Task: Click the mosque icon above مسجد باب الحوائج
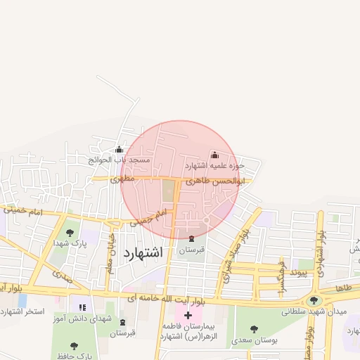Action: click(x=119, y=149)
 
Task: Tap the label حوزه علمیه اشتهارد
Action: click(x=214, y=166)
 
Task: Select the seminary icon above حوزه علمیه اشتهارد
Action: click(x=214, y=155)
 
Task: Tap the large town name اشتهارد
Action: click(x=142, y=252)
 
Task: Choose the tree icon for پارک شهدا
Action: click(x=69, y=233)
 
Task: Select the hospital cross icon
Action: click(x=188, y=314)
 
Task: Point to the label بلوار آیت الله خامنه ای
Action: click(x=167, y=299)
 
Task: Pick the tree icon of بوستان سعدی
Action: click(x=253, y=329)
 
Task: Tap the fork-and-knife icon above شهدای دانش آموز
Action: click(x=82, y=307)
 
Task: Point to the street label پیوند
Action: click(x=300, y=273)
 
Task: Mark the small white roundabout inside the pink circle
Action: click(x=206, y=221)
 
